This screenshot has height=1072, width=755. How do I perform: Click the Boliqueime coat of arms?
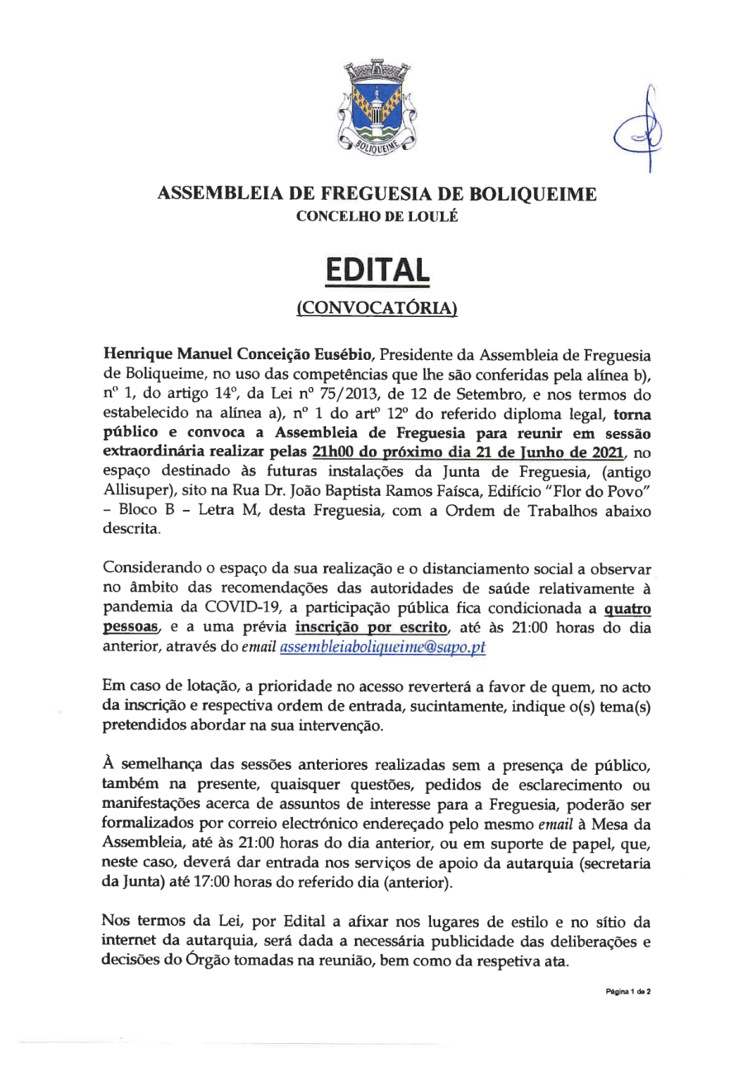[377, 108]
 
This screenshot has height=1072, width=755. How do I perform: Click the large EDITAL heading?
[377, 271]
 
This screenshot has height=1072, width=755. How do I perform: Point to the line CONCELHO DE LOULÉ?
[377, 216]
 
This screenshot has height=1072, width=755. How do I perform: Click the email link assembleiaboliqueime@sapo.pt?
[382, 647]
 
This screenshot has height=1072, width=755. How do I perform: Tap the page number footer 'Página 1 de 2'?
[628, 991]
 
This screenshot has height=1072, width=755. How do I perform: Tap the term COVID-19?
[242, 607]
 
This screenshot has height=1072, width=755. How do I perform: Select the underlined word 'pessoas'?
[130, 627]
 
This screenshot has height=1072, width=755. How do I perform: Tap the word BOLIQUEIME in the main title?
[532, 194]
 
